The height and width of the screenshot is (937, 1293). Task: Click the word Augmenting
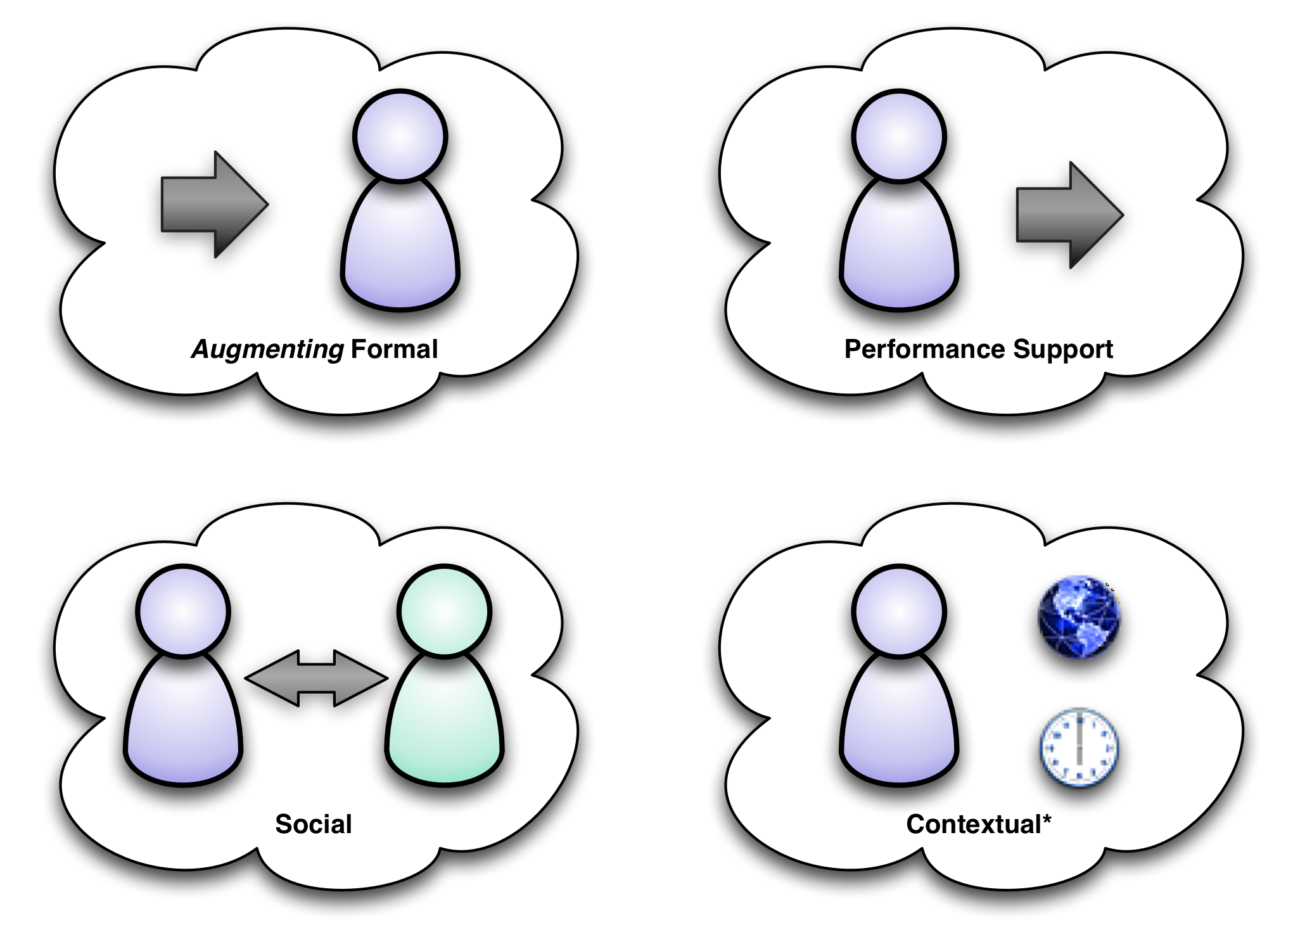267,349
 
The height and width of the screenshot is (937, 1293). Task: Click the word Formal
394,349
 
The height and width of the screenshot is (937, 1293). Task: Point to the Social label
314,824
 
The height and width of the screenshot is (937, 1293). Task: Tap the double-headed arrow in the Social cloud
316,679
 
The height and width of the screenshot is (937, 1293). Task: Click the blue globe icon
1079,616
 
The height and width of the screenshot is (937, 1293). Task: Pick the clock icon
1080,748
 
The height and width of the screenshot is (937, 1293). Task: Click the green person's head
445,611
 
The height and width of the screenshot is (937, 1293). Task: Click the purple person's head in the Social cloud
183,611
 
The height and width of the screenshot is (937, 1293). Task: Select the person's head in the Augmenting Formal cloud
400,136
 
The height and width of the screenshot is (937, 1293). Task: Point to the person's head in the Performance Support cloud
899,136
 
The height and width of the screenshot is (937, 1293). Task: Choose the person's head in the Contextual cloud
899,611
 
